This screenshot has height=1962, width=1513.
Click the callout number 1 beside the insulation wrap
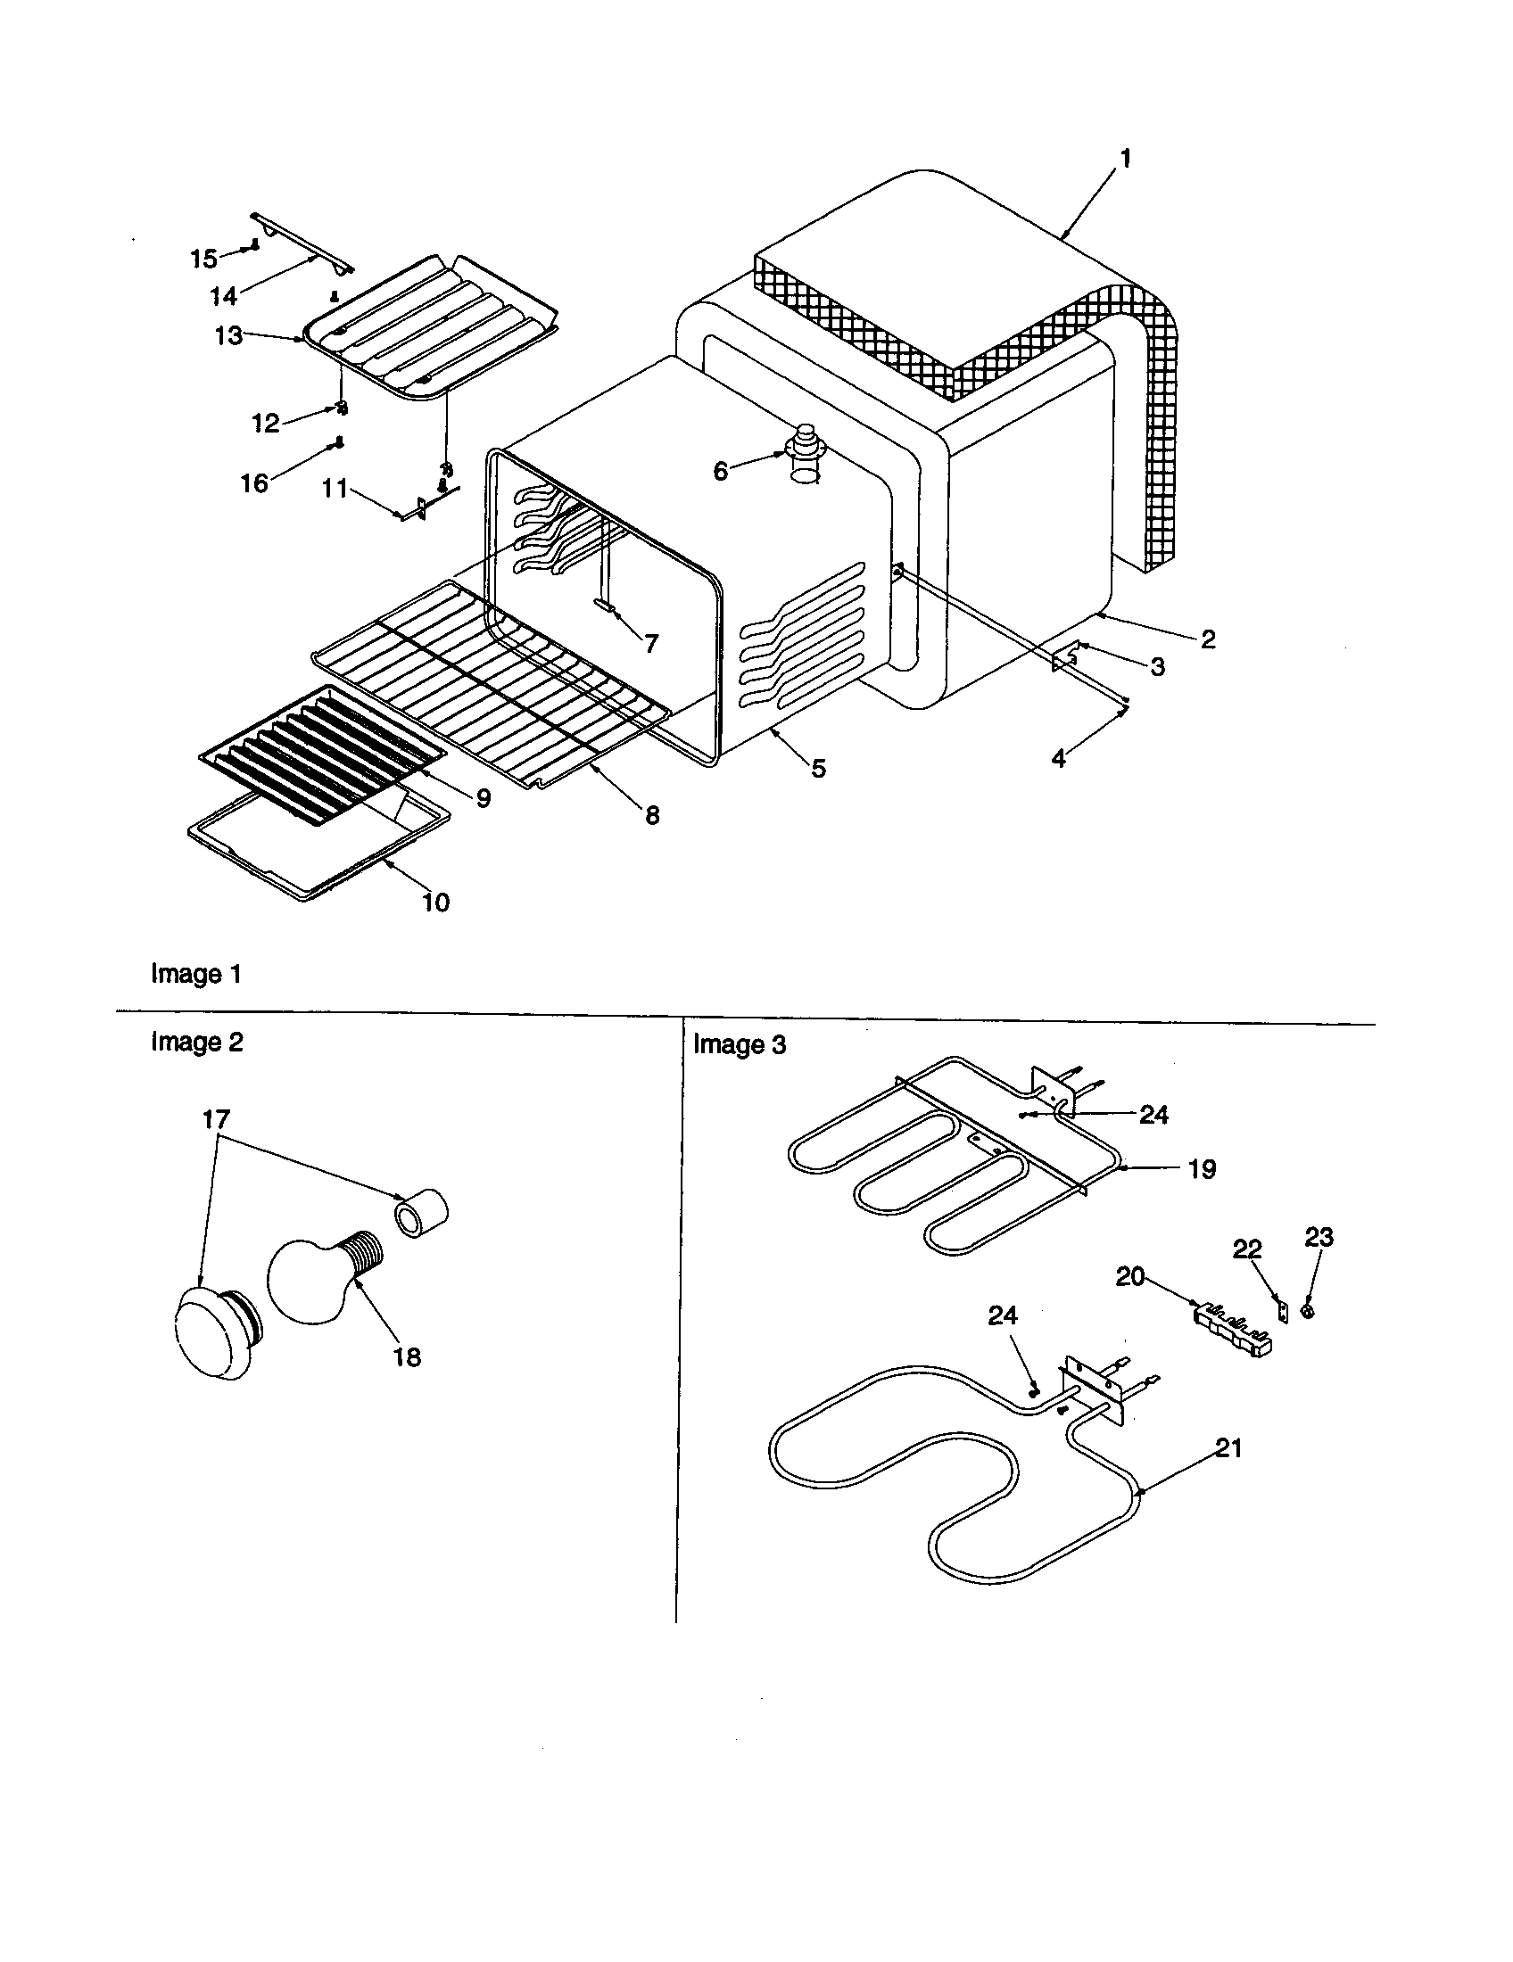click(1125, 159)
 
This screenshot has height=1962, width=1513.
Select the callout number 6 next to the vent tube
click(721, 471)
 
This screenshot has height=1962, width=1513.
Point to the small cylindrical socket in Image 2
click(422, 1210)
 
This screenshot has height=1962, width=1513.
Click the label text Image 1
click(196, 974)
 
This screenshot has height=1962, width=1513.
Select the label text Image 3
click(739, 1045)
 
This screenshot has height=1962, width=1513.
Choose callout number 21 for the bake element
click(1228, 1447)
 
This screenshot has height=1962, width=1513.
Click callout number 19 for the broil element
click(1203, 1169)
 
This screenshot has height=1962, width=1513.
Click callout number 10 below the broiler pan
click(435, 902)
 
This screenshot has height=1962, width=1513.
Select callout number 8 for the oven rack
click(652, 815)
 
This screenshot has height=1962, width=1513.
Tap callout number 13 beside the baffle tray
click(228, 335)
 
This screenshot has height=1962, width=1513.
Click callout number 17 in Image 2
click(216, 1119)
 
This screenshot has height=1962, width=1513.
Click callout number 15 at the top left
click(203, 259)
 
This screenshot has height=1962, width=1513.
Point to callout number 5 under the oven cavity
click(817, 768)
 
